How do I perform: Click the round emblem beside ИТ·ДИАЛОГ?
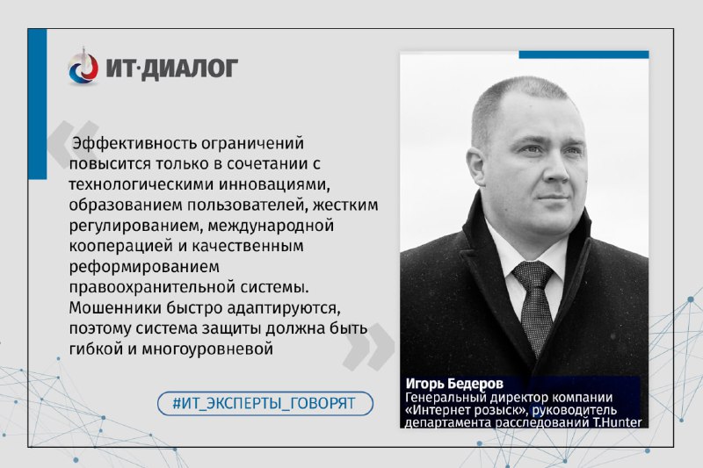click(83, 67)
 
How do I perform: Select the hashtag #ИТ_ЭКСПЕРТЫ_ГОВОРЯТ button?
click(265, 403)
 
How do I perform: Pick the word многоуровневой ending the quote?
click(207, 349)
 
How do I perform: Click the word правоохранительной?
click(152, 287)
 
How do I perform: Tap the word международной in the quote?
click(271, 226)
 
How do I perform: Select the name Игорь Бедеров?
click(454, 384)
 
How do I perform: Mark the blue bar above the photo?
click(583, 54)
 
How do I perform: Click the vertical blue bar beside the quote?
click(37, 104)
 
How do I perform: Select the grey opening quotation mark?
click(73, 144)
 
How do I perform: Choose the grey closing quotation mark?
click(368, 347)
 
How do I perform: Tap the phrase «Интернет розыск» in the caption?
click(463, 410)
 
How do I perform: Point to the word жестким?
click(345, 205)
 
